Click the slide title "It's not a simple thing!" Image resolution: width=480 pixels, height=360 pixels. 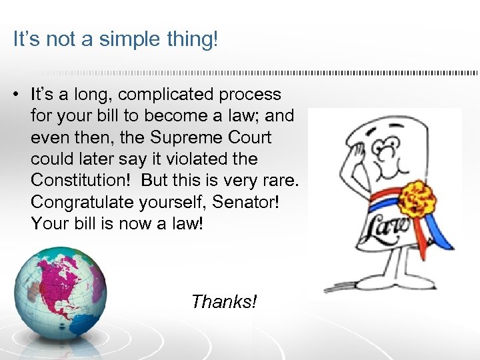tap(115, 40)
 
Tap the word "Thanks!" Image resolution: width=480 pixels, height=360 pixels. tap(223, 302)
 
